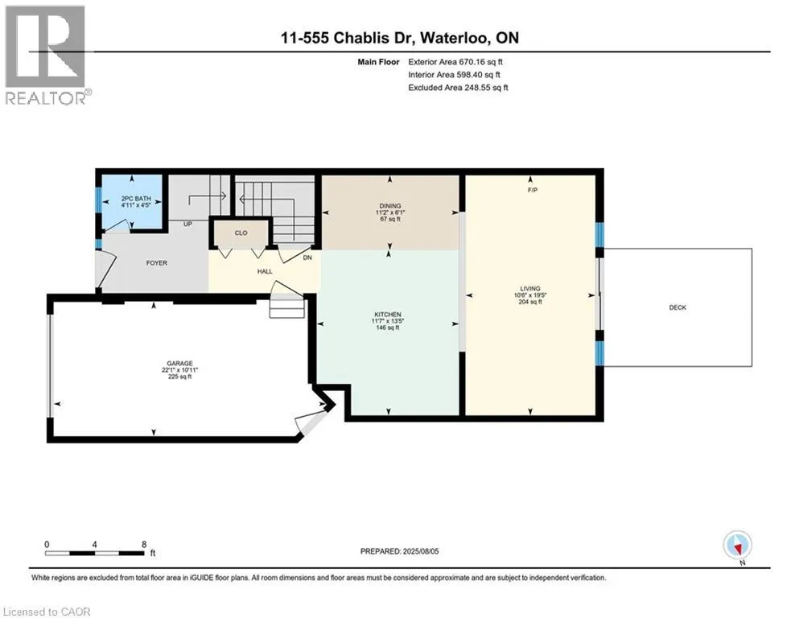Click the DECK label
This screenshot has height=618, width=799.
tap(678, 307)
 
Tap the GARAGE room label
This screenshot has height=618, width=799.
tap(180, 363)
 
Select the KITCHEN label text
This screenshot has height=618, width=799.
tap(388, 315)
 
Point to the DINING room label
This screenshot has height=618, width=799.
tap(390, 206)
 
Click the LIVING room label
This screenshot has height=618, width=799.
tap(530, 288)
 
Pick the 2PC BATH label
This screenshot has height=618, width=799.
tap(136, 198)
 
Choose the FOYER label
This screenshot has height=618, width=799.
tap(156, 263)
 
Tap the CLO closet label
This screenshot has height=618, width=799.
tap(241, 233)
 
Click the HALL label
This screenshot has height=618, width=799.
tap(265, 271)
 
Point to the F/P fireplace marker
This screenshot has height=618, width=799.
tap(533, 190)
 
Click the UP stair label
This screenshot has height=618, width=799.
tap(187, 224)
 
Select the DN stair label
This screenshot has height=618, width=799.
tap(307, 257)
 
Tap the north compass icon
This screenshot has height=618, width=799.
tap(737, 546)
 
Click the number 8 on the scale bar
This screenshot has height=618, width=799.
tap(144, 544)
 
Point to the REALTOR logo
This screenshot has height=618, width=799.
tap(47, 55)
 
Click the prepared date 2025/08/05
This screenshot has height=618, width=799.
tap(420, 551)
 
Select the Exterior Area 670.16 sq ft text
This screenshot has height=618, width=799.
tap(455, 62)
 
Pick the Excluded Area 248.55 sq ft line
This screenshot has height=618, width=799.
tap(458, 88)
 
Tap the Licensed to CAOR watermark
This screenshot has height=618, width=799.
tap(47, 612)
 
